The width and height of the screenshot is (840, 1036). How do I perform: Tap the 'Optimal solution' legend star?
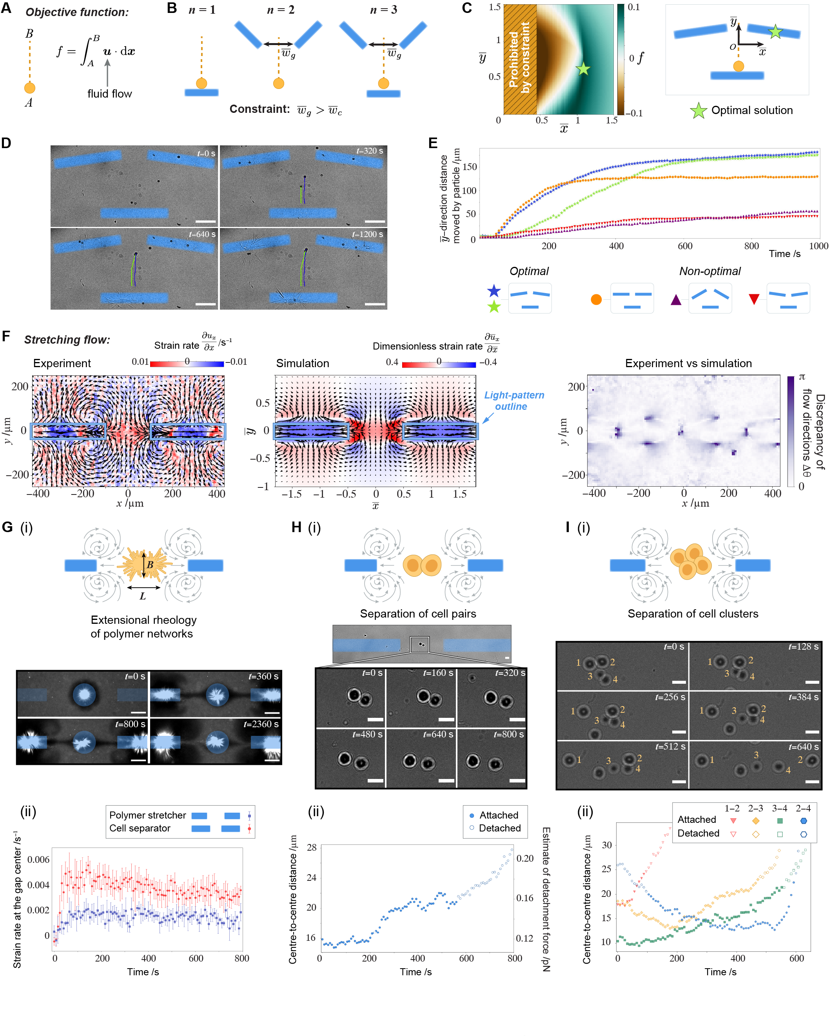coord(698,111)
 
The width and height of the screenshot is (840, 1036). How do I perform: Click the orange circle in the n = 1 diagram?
coord(201,83)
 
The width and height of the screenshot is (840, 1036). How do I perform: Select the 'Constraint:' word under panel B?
coord(259,109)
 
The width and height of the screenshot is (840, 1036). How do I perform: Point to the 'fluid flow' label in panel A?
coord(109,94)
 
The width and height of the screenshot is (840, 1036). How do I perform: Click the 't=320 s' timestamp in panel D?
coord(370,151)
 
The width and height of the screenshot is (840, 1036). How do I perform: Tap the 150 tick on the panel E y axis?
coord(469,167)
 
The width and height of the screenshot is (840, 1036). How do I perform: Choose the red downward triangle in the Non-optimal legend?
coord(754,299)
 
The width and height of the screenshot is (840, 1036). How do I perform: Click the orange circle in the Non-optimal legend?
coord(596,300)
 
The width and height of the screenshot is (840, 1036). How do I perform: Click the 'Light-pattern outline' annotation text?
coord(513,401)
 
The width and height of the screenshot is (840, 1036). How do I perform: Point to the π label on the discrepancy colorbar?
coord(802,377)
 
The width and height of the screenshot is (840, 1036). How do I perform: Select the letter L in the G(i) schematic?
coord(143,596)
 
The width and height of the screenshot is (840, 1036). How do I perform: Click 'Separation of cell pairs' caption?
coord(417,614)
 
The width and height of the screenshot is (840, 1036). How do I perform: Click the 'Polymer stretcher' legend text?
coord(148,815)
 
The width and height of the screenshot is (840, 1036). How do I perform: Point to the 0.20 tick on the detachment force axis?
coord(525,859)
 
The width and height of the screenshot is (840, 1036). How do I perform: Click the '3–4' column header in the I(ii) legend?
coord(779,808)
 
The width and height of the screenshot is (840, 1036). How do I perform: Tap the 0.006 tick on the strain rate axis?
coord(38,859)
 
